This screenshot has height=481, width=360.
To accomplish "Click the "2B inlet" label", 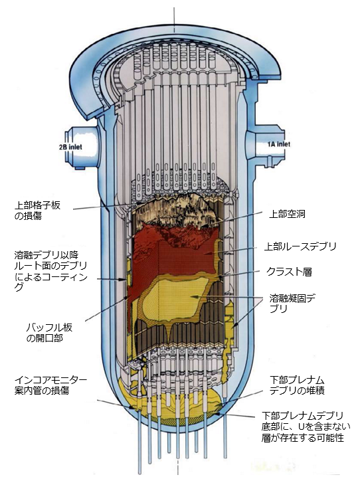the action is click(x=70, y=147).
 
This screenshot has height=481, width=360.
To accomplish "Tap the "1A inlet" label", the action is click(x=278, y=144).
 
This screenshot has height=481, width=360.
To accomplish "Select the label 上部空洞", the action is click(x=287, y=214).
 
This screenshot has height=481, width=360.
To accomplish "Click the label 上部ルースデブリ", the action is click(x=300, y=246).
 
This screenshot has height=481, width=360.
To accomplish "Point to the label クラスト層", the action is click(x=289, y=272).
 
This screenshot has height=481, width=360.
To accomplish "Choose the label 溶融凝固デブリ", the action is click(x=293, y=303).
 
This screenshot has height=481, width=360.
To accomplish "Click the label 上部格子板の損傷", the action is click(x=37, y=211).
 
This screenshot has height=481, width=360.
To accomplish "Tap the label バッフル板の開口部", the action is click(x=49, y=333).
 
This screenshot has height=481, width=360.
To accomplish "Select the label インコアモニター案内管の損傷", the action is click(x=50, y=385).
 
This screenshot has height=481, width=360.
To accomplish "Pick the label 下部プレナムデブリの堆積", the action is click(x=297, y=385).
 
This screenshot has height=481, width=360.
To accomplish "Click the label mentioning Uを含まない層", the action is click(x=306, y=427).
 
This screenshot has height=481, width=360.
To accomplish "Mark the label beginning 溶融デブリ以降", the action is click(x=51, y=270).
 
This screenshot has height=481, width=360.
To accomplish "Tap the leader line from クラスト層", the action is click(x=238, y=274).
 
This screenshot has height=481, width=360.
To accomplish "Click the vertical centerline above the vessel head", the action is click(x=174, y=19).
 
